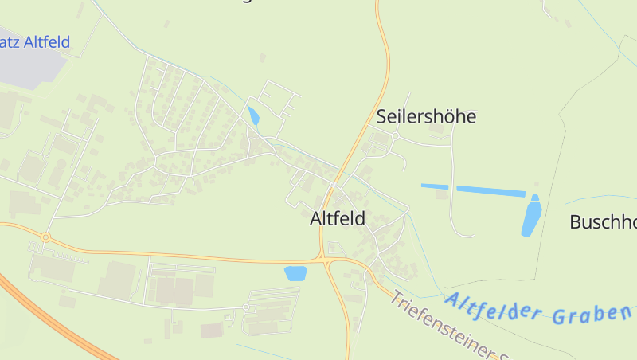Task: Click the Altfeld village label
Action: click(338, 218)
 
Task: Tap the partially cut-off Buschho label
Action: click(603, 221)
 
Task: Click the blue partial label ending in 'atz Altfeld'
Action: click(35, 42)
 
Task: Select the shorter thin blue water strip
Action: click(435, 186)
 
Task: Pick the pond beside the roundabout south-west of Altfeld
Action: click(295, 273)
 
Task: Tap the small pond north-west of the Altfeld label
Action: click(253, 115)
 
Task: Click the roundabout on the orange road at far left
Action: click(45, 237)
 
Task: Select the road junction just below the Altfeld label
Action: click(324, 260)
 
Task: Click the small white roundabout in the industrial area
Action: click(246, 307)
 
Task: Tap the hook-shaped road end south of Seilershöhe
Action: click(404, 163)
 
